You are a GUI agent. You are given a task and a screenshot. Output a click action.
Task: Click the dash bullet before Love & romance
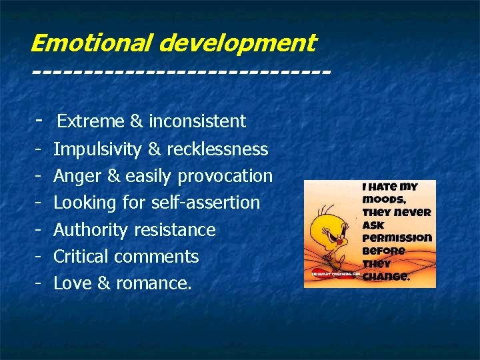(39, 283)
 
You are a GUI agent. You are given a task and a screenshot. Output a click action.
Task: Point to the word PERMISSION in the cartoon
(397, 237)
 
